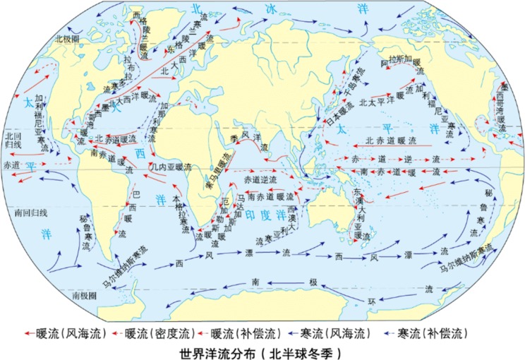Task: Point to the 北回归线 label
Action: click(13, 138)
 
